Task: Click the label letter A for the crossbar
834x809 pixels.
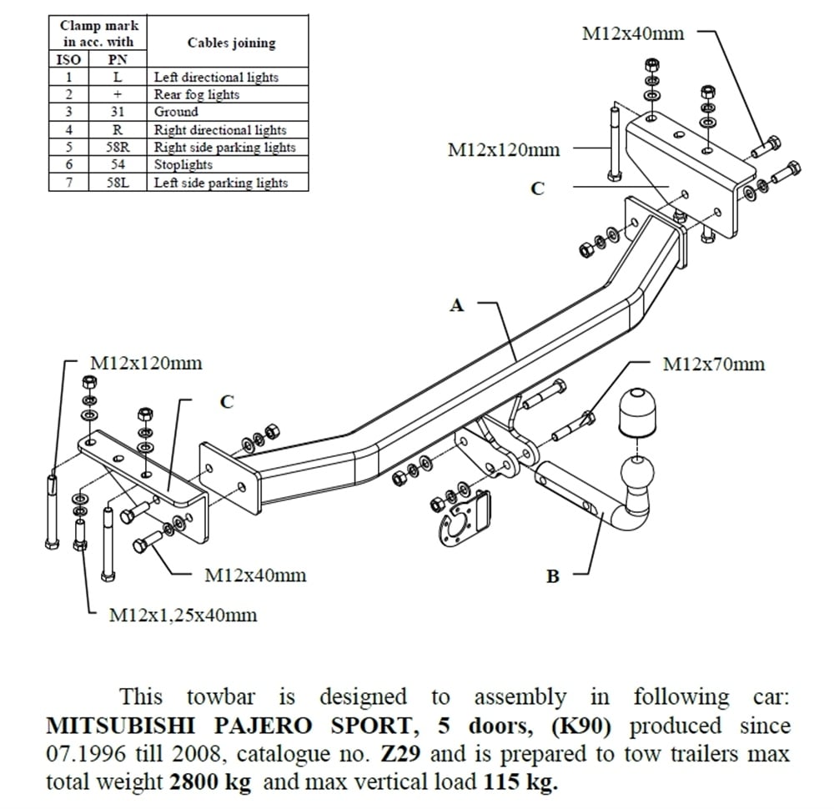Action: click(x=456, y=306)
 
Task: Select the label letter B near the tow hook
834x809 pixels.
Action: click(x=552, y=575)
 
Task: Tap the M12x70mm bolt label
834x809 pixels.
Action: click(x=713, y=364)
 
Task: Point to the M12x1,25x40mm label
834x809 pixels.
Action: click(x=183, y=616)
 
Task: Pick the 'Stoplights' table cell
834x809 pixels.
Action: click(x=183, y=164)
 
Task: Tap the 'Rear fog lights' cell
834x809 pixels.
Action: click(x=196, y=94)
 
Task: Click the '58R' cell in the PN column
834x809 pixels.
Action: click(x=118, y=147)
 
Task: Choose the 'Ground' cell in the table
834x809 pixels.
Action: click(x=176, y=112)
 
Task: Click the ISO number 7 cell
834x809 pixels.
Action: click(x=70, y=182)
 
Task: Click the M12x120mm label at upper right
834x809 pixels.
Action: click(x=504, y=150)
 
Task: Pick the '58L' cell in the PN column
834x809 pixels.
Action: click(x=118, y=182)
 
